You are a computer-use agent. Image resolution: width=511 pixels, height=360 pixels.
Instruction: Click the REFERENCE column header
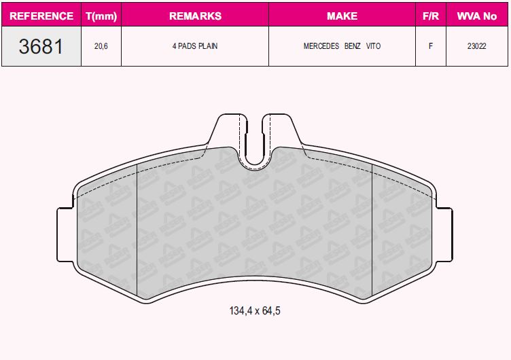pyautogui.click(x=41, y=16)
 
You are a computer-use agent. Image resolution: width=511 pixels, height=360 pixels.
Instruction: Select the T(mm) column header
pyautogui.click(x=101, y=16)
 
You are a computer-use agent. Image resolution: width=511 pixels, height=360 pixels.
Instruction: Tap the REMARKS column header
pyautogui.click(x=195, y=16)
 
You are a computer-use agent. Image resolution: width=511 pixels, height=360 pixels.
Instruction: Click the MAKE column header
pyautogui.click(x=342, y=16)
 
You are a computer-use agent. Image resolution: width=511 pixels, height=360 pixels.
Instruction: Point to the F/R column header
pyautogui.click(x=431, y=16)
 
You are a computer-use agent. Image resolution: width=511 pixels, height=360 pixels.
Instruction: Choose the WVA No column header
pyautogui.click(x=477, y=16)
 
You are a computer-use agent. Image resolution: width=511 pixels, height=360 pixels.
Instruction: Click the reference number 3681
pyautogui.click(x=41, y=46)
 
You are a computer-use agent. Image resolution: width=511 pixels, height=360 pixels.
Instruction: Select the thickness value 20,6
pyautogui.click(x=101, y=46)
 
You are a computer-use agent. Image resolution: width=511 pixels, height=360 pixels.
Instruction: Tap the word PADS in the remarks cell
pyautogui.click(x=187, y=46)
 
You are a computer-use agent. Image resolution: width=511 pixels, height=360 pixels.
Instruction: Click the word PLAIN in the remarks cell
pyautogui.click(x=208, y=46)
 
